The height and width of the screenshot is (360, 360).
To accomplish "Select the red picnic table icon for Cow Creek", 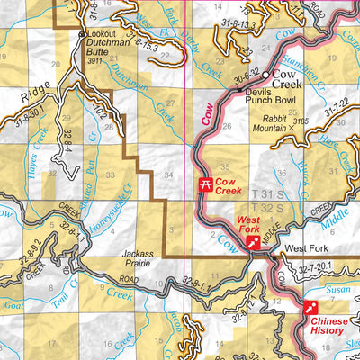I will click(205, 185).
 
